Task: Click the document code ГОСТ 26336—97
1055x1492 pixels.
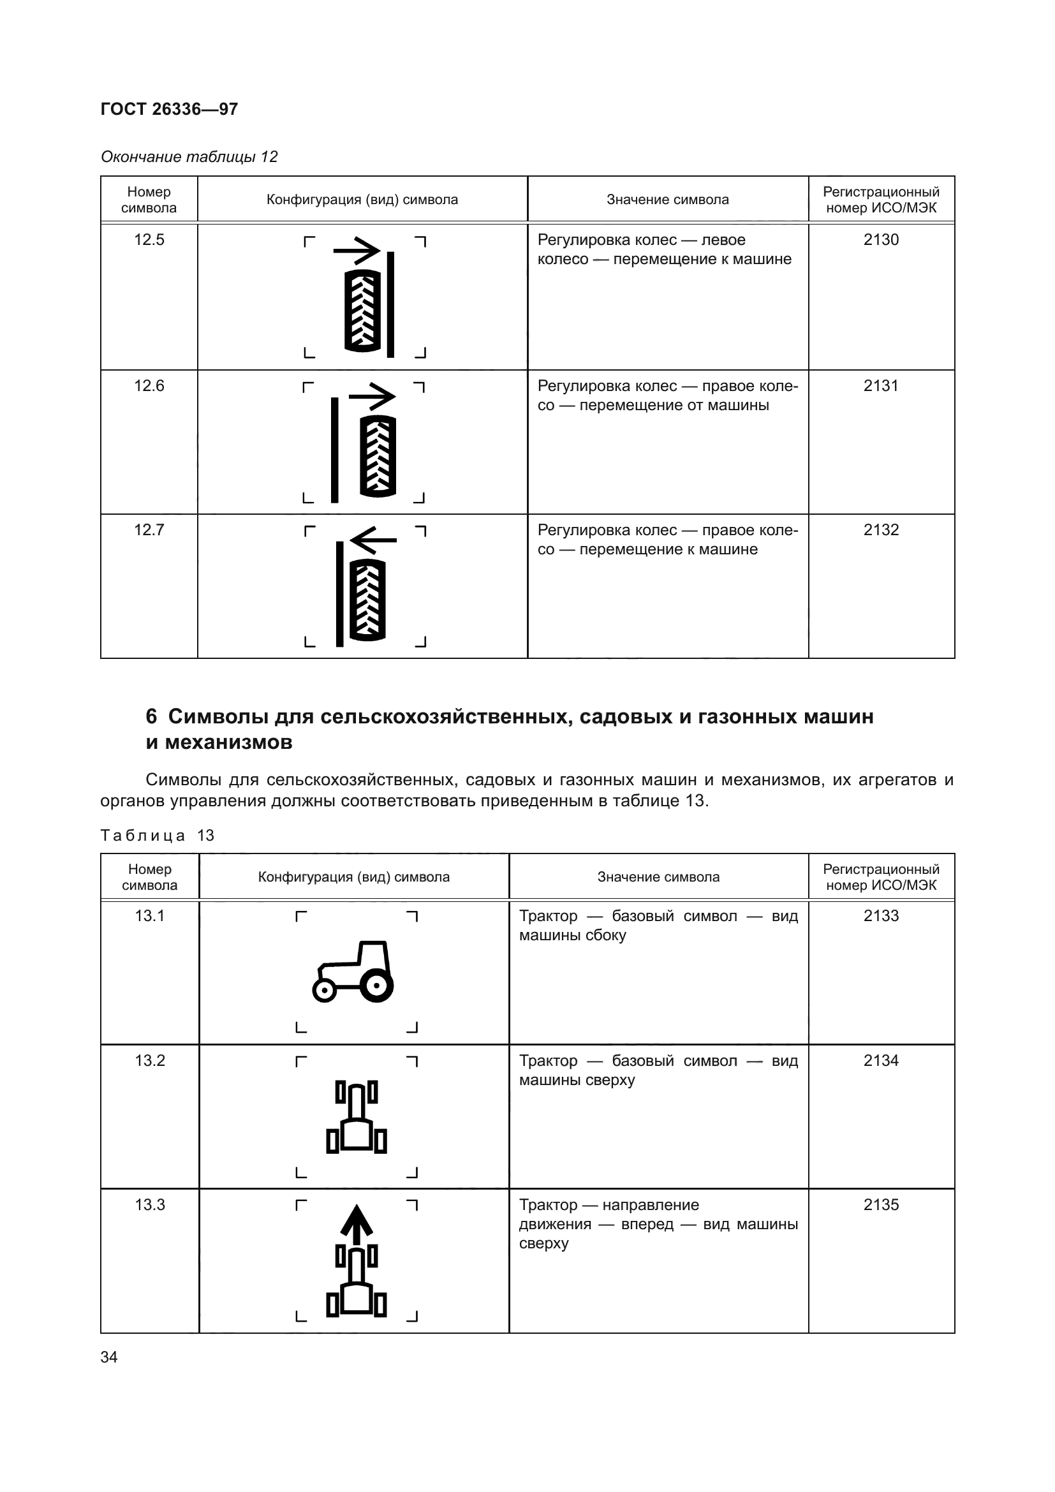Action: (169, 108)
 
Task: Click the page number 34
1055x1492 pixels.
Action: (109, 1357)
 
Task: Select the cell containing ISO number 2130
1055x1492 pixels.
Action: (881, 240)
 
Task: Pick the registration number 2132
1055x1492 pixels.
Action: (881, 530)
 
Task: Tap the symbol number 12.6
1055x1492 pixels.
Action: (149, 386)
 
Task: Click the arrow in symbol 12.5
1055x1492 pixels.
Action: (357, 249)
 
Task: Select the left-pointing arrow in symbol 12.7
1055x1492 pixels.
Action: (373, 540)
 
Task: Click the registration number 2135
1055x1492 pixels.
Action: (881, 1205)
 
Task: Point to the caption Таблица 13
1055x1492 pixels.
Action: (157, 836)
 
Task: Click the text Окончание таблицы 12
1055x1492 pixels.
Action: (189, 157)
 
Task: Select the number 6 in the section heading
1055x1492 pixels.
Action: (151, 717)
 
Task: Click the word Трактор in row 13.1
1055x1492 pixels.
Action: (548, 916)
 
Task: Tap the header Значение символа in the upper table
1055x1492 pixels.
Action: (667, 200)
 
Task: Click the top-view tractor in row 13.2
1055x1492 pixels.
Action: (356, 1117)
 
